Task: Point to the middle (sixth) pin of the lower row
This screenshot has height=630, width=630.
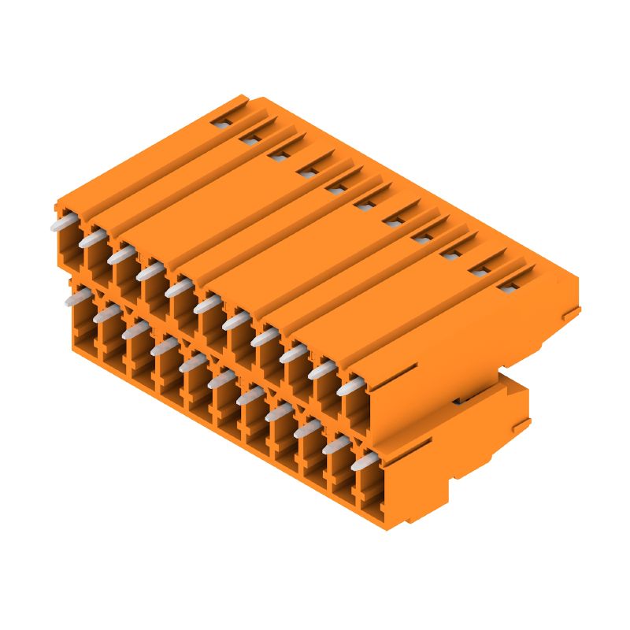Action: point(221,379)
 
